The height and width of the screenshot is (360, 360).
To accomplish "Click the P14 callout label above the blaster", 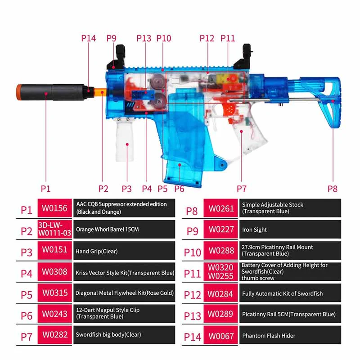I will pyautogui.click(x=88, y=38).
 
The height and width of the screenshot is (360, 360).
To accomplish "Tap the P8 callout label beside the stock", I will pyautogui.click(x=332, y=189).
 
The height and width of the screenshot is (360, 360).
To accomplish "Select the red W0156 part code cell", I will pyautogui.click(x=54, y=208).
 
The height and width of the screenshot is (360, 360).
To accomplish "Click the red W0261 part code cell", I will pyautogui.click(x=221, y=208).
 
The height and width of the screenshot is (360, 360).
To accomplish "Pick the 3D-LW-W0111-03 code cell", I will pyautogui.click(x=54, y=229).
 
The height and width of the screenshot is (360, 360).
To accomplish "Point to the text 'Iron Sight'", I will pyautogui.click(x=254, y=229).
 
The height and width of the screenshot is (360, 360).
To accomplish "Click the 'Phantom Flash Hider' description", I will pyautogui.click(x=268, y=335).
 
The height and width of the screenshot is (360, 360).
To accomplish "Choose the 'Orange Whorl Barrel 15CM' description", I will pyautogui.click(x=108, y=229).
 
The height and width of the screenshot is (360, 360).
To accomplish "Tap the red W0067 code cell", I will pyautogui.click(x=221, y=335).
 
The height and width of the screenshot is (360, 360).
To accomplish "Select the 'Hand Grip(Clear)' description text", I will pyautogui.click(x=97, y=251).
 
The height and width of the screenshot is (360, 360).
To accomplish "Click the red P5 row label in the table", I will pyautogui.click(x=27, y=294).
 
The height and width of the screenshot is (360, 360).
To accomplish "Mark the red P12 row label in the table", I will pyautogui.click(x=192, y=294).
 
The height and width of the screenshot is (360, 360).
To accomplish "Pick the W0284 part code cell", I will pyautogui.click(x=221, y=294).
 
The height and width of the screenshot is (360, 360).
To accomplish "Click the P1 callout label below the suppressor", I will pyautogui.click(x=45, y=189).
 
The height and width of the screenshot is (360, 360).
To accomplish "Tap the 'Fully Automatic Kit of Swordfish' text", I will pyautogui.click(x=282, y=294).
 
